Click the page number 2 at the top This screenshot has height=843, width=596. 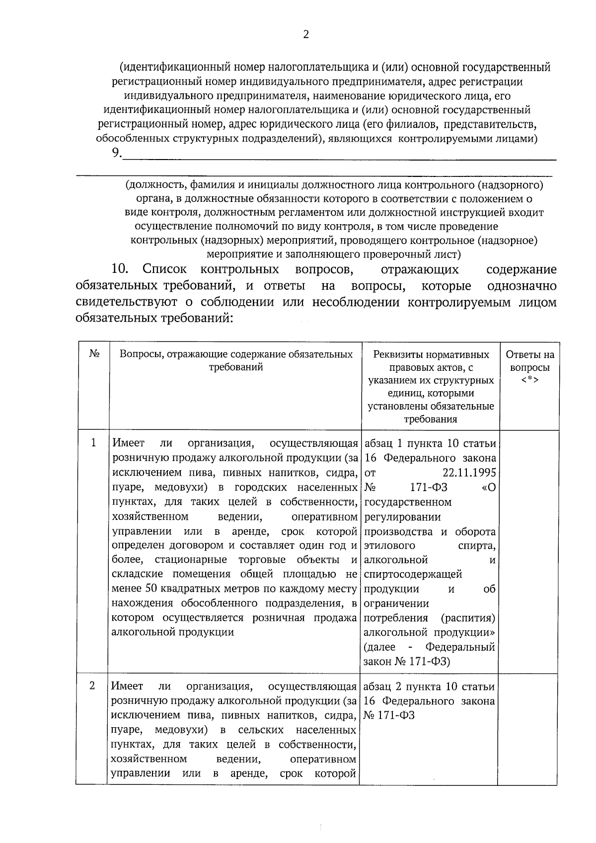click(306, 34)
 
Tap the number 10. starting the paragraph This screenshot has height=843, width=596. click(120, 269)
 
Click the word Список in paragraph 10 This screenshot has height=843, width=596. click(164, 269)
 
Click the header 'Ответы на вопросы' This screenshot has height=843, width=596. click(529, 361)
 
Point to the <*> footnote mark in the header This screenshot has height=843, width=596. click(529, 380)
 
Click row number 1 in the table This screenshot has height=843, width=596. click(93, 442)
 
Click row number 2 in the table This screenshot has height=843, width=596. click(92, 685)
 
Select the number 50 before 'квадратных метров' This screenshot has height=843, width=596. click(150, 589)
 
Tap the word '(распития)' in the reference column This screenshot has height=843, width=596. click(467, 618)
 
